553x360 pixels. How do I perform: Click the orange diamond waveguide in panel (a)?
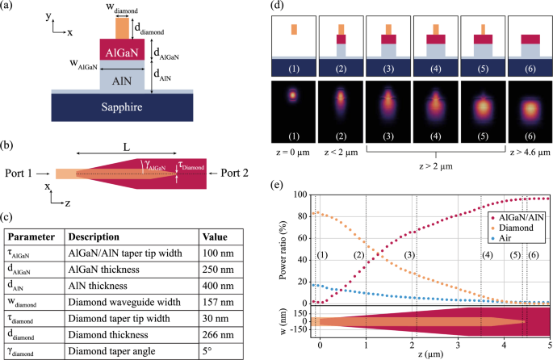click(122, 27)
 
